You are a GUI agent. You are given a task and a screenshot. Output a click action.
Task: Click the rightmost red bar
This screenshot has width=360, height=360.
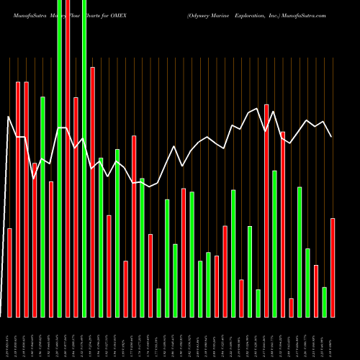333,267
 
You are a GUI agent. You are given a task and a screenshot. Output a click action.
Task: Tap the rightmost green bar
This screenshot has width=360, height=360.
325,302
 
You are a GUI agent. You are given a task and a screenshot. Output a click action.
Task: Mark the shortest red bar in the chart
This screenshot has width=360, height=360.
291,307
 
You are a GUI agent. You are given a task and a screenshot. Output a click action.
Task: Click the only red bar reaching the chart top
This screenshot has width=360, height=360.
68,187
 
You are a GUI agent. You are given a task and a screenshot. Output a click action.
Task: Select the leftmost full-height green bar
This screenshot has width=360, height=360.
59,187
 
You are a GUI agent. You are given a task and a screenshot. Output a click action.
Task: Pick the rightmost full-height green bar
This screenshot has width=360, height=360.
84,187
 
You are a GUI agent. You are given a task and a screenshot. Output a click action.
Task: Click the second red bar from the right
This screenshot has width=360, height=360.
316,291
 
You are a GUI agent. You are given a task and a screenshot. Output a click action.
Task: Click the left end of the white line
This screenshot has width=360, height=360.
8,117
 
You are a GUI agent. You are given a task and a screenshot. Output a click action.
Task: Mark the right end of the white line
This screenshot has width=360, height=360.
332,137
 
